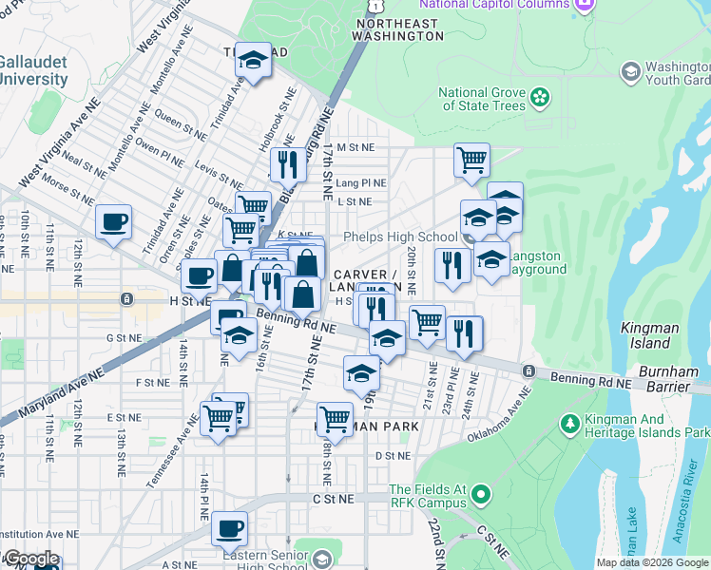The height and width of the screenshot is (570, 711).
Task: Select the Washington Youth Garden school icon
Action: click(x=630, y=71)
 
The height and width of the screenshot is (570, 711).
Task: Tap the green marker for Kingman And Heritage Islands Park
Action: click(x=569, y=422)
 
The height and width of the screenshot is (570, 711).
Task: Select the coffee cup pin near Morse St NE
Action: click(x=113, y=222)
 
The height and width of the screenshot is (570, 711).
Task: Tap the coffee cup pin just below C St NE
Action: click(x=228, y=527)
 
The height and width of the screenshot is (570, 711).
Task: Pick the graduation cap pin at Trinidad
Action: click(x=253, y=61)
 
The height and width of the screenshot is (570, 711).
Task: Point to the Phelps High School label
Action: click(x=399, y=237)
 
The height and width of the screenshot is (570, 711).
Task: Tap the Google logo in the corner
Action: click(x=31, y=559)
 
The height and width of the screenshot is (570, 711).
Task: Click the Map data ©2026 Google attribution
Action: click(x=652, y=562)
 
